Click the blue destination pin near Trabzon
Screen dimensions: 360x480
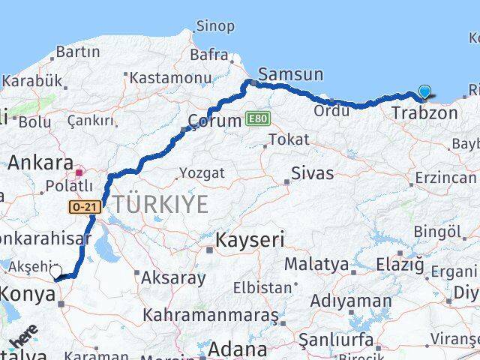425,92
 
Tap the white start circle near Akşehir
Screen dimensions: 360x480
55,271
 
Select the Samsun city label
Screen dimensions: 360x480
290,74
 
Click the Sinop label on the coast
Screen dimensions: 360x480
215,26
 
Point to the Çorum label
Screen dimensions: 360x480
214,120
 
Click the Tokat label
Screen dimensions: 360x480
289,139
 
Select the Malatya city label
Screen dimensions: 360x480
316,264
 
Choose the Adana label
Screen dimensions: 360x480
237,348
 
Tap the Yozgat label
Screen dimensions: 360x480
202,173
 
